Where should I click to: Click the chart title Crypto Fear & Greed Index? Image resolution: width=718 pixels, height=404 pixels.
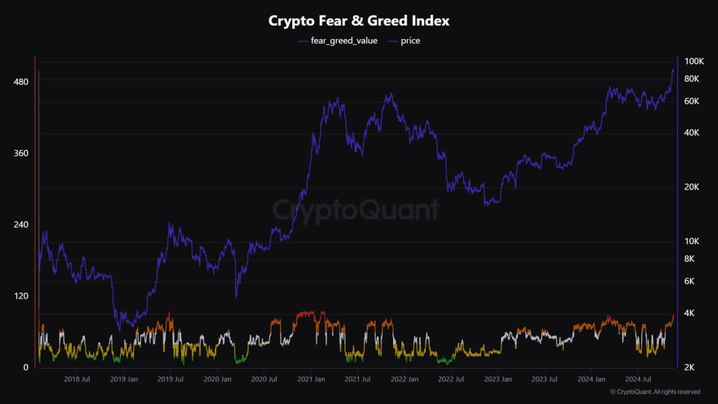(x=359, y=21)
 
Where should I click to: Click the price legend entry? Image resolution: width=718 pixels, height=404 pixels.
(x=410, y=41)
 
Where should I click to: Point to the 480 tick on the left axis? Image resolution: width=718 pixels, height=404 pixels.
(x=21, y=81)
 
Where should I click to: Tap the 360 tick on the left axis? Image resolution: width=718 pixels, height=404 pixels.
(x=21, y=153)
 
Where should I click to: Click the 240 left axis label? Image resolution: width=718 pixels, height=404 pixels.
(x=21, y=224)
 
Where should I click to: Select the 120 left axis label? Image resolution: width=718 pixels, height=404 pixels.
(x=21, y=296)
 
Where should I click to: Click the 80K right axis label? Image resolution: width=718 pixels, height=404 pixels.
(x=692, y=79)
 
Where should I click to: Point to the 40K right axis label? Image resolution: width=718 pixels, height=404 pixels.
(x=692, y=132)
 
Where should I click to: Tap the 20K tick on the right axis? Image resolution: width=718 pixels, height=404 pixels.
(x=692, y=187)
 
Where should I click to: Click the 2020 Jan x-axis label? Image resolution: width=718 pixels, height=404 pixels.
(x=217, y=379)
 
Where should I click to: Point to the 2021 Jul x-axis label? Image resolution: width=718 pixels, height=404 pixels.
(x=358, y=379)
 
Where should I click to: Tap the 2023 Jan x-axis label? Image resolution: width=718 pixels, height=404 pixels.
(x=498, y=379)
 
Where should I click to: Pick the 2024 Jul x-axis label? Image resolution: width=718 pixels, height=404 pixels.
(x=638, y=379)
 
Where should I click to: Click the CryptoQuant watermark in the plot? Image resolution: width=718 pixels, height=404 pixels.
(x=356, y=210)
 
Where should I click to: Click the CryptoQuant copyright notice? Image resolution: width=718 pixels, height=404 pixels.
(x=655, y=392)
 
